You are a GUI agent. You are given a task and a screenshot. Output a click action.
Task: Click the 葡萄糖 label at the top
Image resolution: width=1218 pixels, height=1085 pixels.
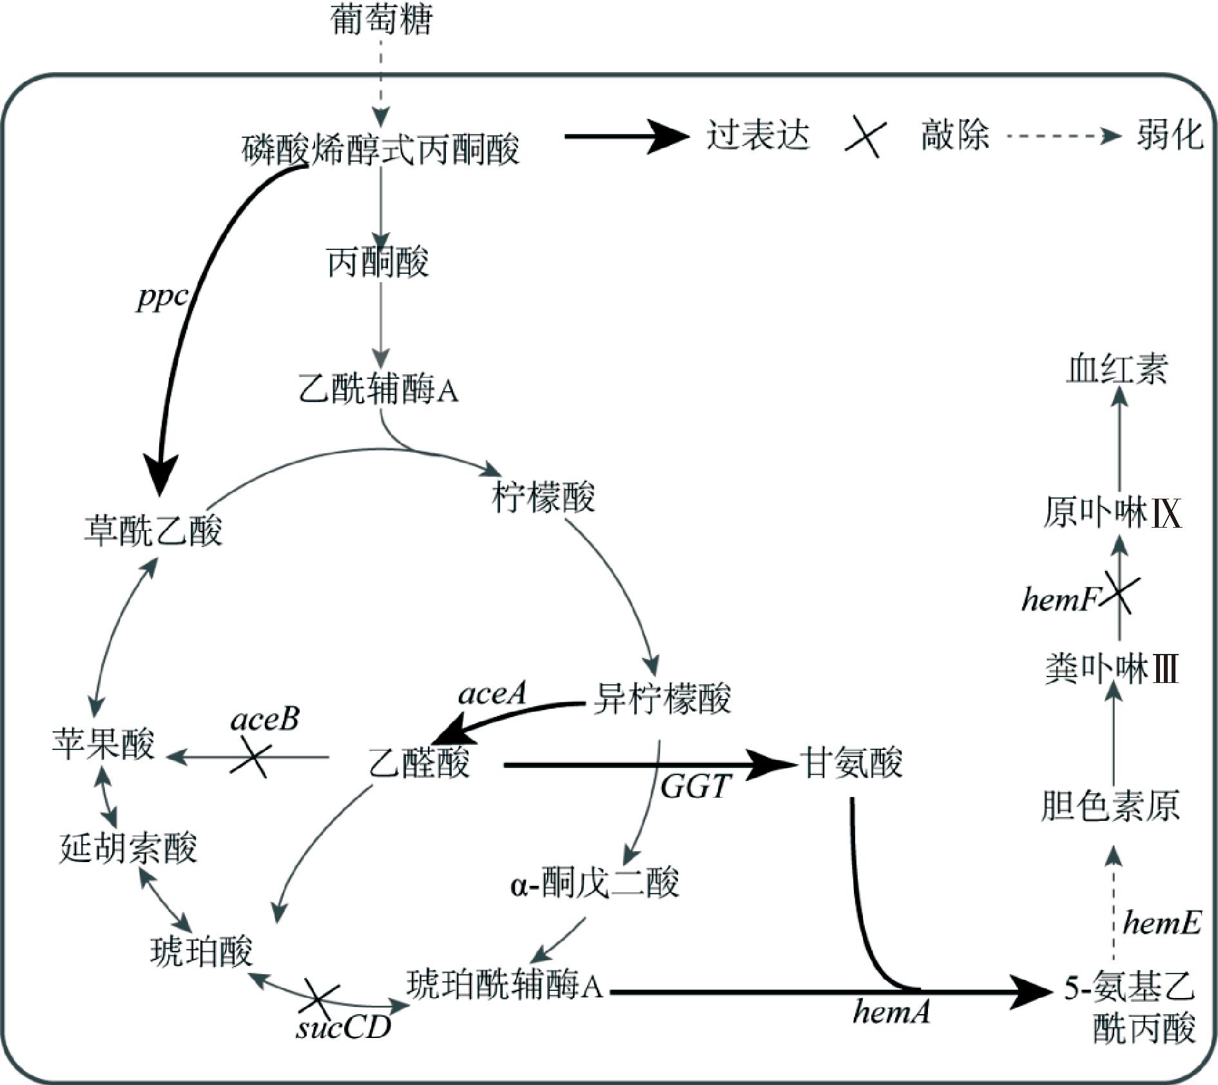381,19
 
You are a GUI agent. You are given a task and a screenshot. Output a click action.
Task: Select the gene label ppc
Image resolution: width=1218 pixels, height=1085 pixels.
162,298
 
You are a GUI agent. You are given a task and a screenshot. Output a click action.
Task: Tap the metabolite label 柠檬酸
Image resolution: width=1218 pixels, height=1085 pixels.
543,497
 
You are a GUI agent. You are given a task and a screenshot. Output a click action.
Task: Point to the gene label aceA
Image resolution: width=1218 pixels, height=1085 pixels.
492,694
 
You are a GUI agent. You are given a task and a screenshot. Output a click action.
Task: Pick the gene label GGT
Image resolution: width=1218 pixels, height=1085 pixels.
695,786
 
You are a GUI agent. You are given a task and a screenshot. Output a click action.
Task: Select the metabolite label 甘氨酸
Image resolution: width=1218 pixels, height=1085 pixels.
851,763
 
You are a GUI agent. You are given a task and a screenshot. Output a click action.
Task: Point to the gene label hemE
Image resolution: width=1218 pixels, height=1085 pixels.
1162,923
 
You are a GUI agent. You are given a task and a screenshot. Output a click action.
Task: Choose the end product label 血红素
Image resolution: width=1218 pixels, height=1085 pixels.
1117,370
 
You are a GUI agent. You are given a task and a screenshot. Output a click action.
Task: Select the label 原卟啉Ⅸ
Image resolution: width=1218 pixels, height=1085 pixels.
1112,514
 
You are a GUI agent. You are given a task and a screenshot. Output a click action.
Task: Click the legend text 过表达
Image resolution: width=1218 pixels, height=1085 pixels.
758,136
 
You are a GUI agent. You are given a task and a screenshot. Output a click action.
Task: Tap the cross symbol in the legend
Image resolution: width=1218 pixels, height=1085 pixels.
865,136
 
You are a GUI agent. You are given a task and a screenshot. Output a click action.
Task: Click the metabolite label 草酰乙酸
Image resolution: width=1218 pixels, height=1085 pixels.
153,530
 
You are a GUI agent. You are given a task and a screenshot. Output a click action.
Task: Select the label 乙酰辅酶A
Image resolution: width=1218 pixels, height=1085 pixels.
378,390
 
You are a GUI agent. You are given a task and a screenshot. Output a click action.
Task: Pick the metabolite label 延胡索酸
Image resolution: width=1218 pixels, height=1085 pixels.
128,848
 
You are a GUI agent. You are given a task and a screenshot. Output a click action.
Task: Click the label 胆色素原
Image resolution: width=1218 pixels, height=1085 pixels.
1110,805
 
